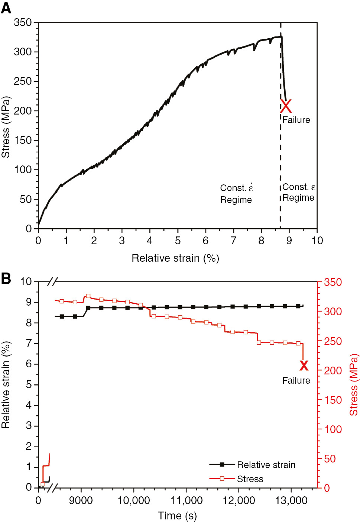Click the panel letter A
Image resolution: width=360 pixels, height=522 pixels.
6,8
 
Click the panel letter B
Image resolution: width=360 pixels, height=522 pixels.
6,278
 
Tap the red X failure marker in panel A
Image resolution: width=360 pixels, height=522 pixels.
286,106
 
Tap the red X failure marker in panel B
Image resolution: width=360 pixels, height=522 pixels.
304,365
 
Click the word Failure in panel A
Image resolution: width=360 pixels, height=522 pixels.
296,120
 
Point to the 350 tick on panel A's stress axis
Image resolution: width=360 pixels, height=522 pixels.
23,22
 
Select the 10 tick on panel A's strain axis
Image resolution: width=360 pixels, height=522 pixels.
317,241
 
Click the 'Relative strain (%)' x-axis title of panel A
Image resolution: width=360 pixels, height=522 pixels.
175,258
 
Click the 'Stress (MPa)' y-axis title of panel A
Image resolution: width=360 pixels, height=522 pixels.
6,127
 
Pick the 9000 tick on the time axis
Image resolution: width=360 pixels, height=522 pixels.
81,500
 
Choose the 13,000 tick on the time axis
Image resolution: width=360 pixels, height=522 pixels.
291,500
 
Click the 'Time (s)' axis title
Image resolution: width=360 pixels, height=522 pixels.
177,516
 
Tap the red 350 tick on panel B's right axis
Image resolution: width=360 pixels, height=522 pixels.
333,282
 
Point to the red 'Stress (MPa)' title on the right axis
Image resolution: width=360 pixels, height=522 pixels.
354,384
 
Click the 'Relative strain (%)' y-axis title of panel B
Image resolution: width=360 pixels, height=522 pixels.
6,384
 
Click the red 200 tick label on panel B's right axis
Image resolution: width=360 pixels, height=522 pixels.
333,370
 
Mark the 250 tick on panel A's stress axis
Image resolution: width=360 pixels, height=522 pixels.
23,81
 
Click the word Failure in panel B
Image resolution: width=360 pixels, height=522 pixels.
296,380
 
